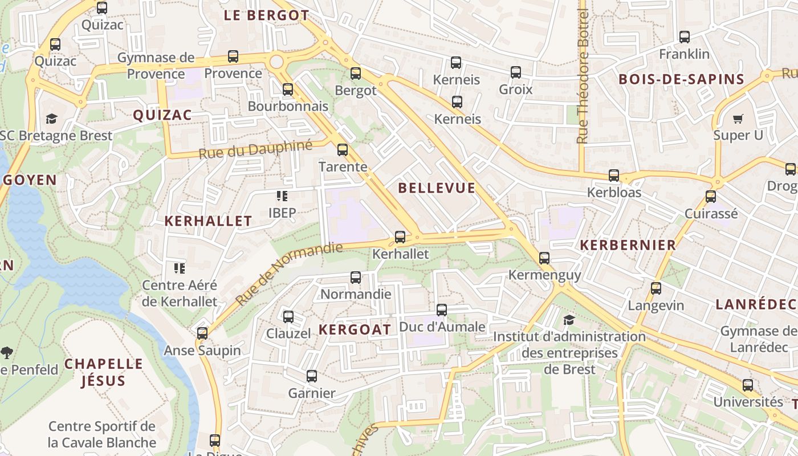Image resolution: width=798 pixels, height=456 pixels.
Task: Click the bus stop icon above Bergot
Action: (x=356, y=73)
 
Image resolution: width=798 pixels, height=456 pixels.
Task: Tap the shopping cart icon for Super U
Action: (x=738, y=119)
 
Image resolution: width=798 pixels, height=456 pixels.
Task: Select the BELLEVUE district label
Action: (x=437, y=188)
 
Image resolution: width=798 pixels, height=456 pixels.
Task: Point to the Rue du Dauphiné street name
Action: (x=255, y=149)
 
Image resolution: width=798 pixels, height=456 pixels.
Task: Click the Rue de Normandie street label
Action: (x=289, y=273)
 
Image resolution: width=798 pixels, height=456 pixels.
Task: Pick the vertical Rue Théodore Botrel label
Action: (x=582, y=76)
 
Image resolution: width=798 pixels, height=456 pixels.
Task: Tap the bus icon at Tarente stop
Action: (x=343, y=150)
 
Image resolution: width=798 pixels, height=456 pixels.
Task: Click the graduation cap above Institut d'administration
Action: (x=568, y=320)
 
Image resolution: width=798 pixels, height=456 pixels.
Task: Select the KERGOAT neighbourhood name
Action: (x=355, y=329)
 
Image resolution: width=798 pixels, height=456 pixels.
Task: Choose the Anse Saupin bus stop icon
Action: (x=202, y=333)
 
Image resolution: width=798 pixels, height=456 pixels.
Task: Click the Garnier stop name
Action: (x=312, y=393)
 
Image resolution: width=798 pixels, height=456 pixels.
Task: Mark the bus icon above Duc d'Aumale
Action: (x=442, y=310)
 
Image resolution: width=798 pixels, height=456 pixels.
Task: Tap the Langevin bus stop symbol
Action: (x=656, y=288)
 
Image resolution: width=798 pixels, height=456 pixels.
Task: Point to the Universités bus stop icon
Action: (x=748, y=385)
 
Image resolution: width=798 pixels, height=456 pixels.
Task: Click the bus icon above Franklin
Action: (x=685, y=37)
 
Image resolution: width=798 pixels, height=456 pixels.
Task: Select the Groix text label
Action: (x=515, y=89)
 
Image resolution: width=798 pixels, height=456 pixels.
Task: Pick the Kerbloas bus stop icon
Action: (x=614, y=176)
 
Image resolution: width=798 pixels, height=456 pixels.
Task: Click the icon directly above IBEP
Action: (x=282, y=196)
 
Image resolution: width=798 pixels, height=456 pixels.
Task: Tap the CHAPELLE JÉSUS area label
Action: (x=103, y=372)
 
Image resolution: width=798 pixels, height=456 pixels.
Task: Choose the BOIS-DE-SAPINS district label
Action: (x=681, y=79)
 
